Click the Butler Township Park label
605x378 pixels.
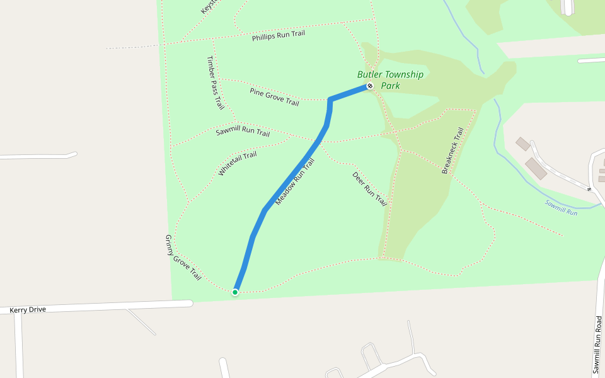pos(390,79)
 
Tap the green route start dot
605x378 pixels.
pos(235,292)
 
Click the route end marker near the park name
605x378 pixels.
pos(370,86)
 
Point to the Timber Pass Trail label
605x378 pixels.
pos(215,83)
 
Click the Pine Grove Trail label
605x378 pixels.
pos(274,96)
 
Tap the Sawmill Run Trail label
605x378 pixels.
pos(243,132)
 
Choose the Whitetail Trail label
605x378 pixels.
pos(238,163)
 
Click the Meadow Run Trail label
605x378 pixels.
pos(294,181)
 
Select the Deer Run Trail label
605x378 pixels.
pos(369,189)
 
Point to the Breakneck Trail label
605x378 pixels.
pos(452,151)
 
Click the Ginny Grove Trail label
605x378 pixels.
pos(183,257)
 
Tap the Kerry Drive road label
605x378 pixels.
pos(28,310)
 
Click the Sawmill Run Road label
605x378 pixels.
pos(598,346)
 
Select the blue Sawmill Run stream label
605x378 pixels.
pos(561,208)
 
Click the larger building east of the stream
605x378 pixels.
pos(536,168)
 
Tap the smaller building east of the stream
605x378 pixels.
pos(522,144)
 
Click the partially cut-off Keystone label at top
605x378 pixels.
pos(209,6)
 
